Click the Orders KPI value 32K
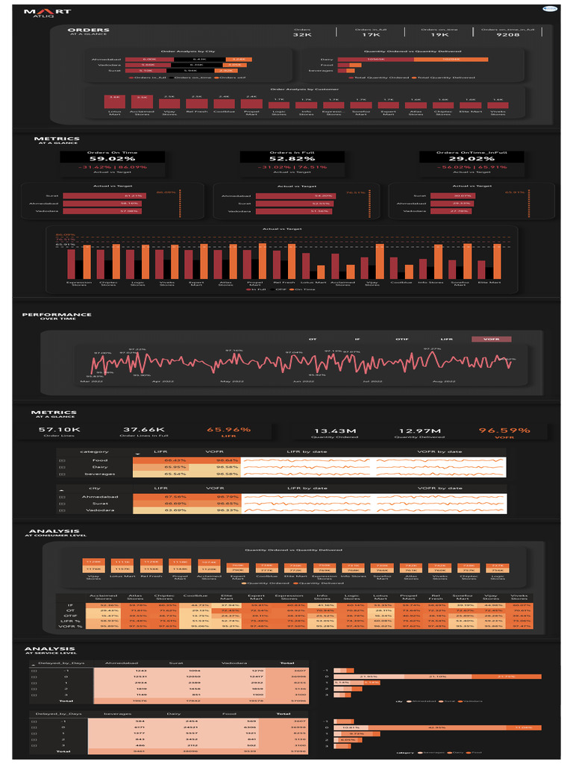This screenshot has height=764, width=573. [x=302, y=35]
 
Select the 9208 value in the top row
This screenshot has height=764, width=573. [x=507, y=35]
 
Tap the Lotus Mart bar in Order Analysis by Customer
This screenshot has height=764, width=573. [x=114, y=102]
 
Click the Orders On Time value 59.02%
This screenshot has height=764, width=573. [x=112, y=158]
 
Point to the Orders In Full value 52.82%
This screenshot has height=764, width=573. [x=292, y=158]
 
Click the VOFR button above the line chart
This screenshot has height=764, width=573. [x=491, y=339]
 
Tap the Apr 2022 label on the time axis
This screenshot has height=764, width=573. [x=161, y=381]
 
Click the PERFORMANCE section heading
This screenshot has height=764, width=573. [x=57, y=315]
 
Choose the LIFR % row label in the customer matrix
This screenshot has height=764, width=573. [x=69, y=620]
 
